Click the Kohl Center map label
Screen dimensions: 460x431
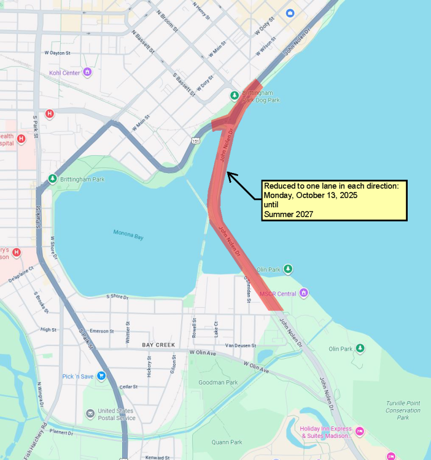coord(64,73)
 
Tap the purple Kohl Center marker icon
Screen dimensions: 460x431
coord(87,72)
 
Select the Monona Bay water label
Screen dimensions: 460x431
coord(128,234)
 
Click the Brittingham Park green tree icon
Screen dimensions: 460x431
coord(53,179)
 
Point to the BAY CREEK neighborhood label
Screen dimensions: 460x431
coord(158,345)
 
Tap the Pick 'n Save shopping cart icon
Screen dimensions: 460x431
coord(101,376)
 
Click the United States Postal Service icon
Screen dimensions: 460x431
coord(90,414)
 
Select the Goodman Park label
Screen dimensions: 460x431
coord(218,382)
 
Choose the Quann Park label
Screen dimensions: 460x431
coord(227,442)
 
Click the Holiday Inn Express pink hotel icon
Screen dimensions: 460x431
coord(360,432)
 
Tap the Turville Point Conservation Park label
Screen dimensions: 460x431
coord(403,410)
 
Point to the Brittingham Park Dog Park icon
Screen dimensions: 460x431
coord(234,96)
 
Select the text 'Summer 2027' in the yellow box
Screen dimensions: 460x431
coord(288,214)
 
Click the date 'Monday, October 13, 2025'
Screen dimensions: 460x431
coord(310,195)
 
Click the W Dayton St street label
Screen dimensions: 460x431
coord(58,53)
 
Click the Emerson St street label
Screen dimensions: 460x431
coord(102,331)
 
